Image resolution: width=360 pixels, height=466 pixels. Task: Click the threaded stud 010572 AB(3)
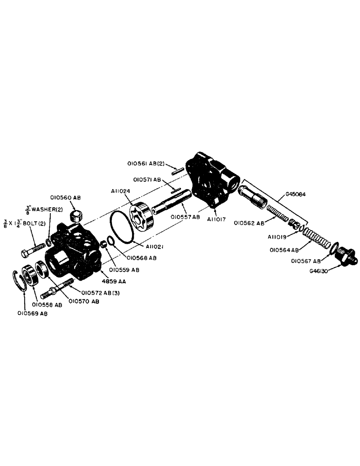coord(58,289)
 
